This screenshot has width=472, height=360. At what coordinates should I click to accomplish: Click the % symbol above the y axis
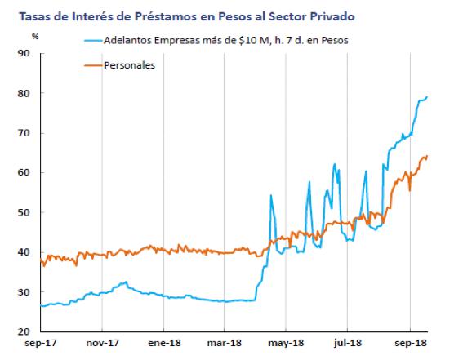point(35,37)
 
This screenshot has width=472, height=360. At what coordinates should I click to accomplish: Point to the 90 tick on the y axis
point(23,53)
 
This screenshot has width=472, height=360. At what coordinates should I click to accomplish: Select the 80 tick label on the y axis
point(23,93)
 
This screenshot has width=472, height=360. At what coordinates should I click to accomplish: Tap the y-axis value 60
point(23,172)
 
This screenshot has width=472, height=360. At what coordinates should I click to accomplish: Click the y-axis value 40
point(23,252)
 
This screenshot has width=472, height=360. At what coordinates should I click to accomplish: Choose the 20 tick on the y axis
point(23,331)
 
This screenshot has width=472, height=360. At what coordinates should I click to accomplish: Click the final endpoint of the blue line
point(429,96)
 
